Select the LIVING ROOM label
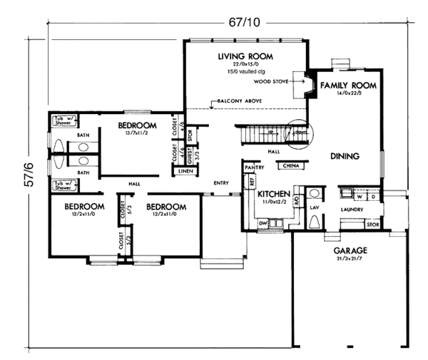245,56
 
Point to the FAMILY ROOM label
347,85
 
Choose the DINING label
345,155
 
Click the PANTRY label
255,168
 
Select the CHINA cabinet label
290,165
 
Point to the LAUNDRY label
352,210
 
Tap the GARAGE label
350,251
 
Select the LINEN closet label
185,171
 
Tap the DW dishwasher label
263,224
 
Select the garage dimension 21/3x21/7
350,259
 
